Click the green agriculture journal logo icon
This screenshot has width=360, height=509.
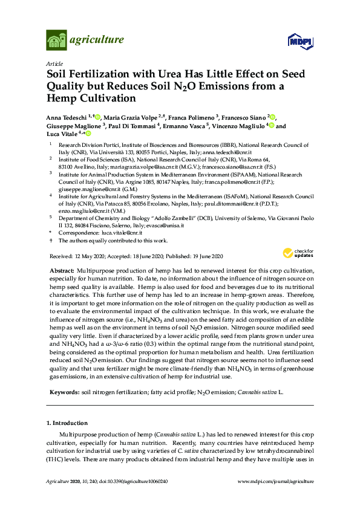56,41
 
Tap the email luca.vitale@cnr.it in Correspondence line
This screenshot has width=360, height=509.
123,232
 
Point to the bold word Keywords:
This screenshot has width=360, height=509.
63,392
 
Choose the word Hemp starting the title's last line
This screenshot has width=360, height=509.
63,98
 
